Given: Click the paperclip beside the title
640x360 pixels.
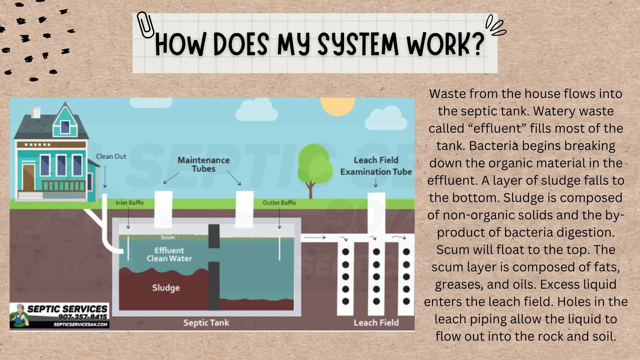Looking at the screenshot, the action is click(145, 25).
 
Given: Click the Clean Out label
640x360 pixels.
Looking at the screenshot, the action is click(111, 156).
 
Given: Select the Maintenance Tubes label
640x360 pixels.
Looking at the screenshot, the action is click(203, 164).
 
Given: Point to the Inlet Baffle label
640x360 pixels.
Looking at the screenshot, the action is click(129, 203).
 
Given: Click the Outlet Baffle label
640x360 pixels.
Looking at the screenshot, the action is click(279, 203).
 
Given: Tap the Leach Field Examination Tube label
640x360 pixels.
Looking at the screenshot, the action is click(376, 166).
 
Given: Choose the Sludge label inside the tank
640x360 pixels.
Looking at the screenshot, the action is click(166, 288).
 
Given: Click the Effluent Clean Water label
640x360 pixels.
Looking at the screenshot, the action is click(169, 254).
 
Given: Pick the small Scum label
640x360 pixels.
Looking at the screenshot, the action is click(168, 237).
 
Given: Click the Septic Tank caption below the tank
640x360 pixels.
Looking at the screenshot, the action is click(206, 323).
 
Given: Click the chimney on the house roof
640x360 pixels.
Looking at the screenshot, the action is click(36, 113).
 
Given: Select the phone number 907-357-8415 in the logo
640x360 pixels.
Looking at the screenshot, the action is click(82, 317).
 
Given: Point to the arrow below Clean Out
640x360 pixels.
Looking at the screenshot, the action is click(105, 177).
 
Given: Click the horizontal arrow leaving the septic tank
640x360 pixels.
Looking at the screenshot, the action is click(315, 237).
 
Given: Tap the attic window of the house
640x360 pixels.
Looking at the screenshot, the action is click(65, 127).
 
